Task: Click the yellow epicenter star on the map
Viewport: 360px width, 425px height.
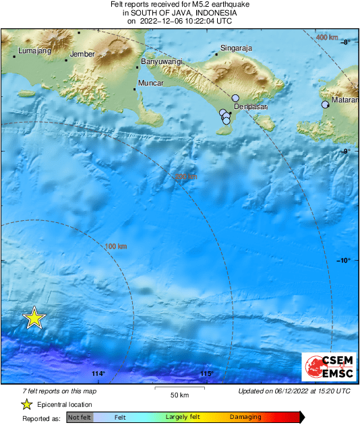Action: coord(34,318)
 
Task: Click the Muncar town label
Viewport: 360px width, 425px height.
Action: coord(150,83)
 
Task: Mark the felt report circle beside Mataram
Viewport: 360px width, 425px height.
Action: coord(326,104)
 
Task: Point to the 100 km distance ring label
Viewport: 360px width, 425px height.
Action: coord(116,247)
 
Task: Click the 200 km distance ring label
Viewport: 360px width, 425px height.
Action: coord(185,176)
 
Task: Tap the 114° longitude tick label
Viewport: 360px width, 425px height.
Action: coord(98,374)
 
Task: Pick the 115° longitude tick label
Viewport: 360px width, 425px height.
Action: coord(206,374)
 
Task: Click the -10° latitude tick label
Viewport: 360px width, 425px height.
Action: coord(344,260)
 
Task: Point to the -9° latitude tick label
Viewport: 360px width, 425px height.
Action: coord(344,151)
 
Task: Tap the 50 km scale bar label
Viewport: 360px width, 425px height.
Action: coord(179,394)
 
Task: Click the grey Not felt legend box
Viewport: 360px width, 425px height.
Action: coord(80,418)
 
